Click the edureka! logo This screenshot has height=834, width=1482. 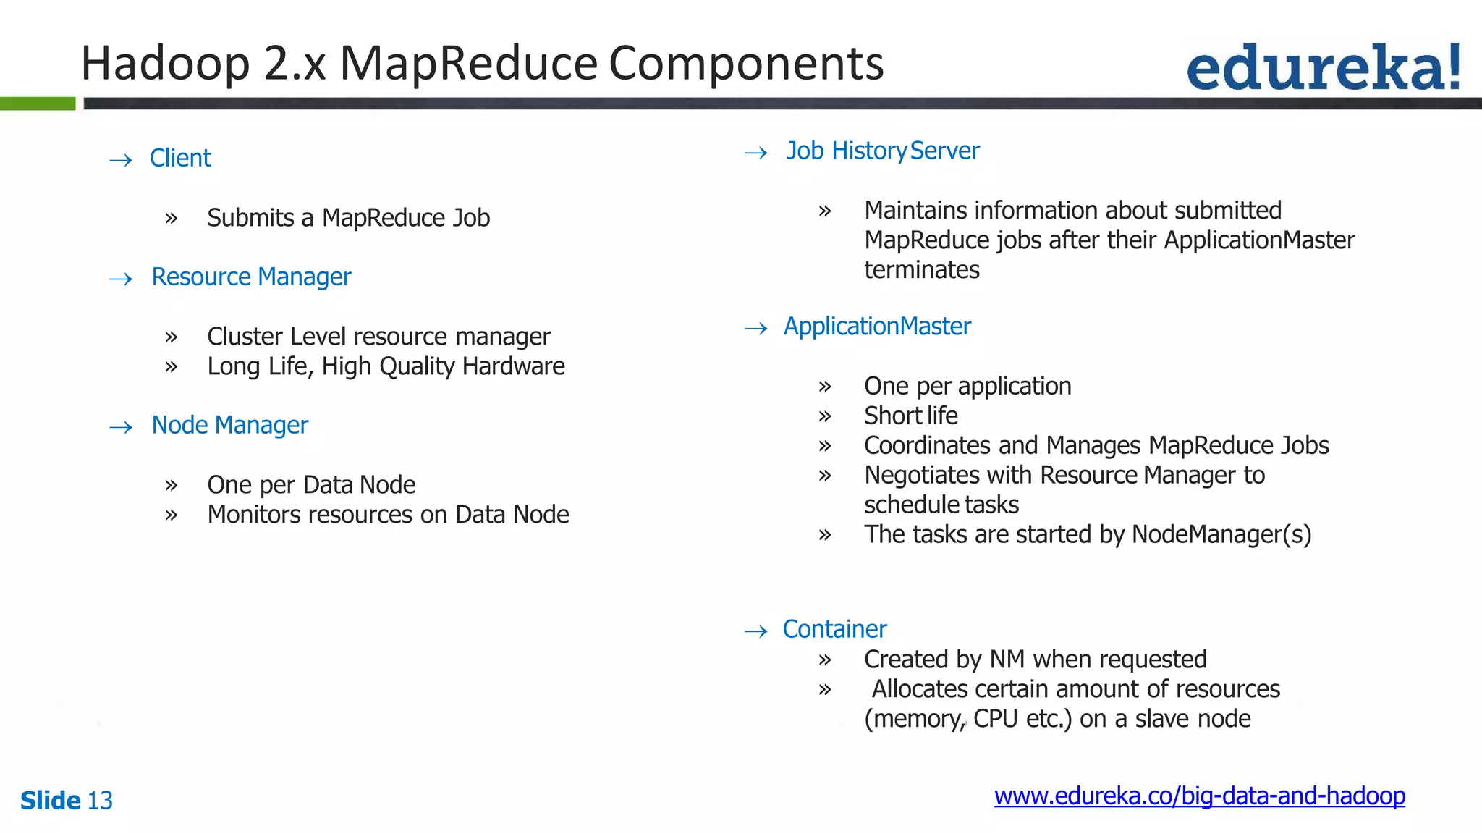(x=1323, y=67)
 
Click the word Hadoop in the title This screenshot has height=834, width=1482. (x=165, y=64)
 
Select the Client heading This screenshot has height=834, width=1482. (x=180, y=158)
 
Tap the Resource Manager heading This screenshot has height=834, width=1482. (x=251, y=277)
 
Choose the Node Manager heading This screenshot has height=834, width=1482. (x=229, y=425)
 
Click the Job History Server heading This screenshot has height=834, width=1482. (x=883, y=151)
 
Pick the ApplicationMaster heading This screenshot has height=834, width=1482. (x=877, y=327)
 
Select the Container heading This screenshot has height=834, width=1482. (x=834, y=629)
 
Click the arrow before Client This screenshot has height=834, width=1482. (x=121, y=160)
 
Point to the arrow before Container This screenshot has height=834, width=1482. (x=756, y=631)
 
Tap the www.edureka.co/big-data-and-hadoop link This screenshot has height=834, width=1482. (x=1199, y=796)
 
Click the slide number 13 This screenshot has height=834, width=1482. (x=100, y=801)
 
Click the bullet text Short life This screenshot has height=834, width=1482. (x=910, y=416)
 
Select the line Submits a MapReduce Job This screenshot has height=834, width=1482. (x=348, y=218)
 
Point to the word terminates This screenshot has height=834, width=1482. (x=921, y=270)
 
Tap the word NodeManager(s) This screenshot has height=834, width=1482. (x=1221, y=534)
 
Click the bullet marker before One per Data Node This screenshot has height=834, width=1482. (x=172, y=485)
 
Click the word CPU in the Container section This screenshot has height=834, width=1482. (x=995, y=719)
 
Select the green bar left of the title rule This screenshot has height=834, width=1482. (x=38, y=104)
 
